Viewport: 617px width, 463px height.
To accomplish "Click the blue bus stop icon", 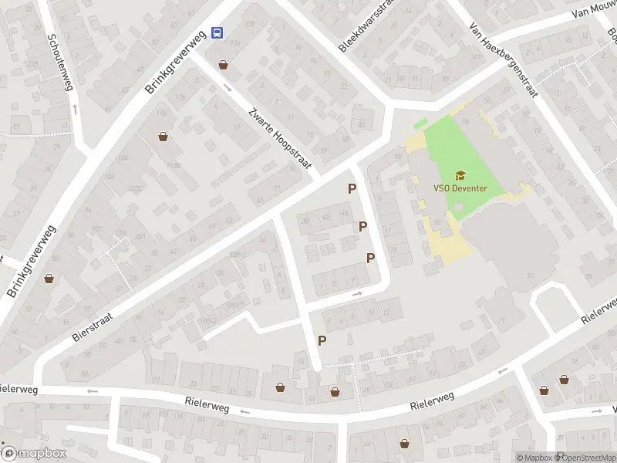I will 217,32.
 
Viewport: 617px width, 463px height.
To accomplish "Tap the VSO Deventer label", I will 460,188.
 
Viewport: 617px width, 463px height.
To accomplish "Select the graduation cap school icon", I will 460,175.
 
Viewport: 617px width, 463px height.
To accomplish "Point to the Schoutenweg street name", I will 59,62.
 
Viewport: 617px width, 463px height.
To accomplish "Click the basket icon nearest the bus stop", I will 224,66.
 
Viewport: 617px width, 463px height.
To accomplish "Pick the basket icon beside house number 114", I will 164,137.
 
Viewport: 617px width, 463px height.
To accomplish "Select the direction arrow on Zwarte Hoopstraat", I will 227,86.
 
